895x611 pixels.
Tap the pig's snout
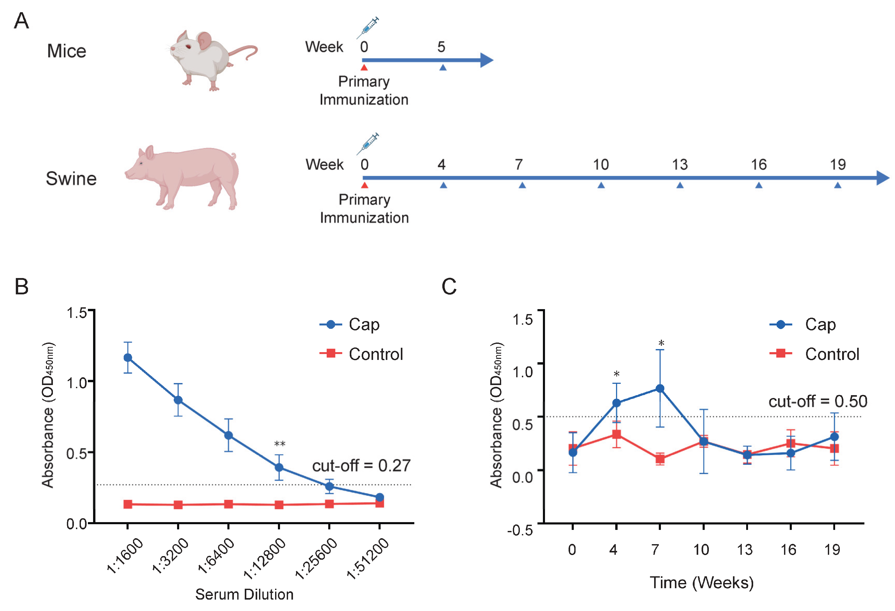[127, 174]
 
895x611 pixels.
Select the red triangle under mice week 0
[364, 68]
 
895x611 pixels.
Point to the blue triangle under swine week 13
[680, 186]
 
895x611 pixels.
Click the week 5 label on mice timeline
[441, 47]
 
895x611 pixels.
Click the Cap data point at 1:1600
[128, 357]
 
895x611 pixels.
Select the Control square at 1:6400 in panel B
[228, 504]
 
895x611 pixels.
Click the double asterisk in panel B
[279, 444]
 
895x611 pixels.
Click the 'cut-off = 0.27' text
[361, 465]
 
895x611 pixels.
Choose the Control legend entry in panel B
[375, 354]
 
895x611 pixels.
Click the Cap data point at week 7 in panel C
[660, 388]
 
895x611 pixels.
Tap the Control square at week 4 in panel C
[616, 434]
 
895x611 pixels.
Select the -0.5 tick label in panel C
[520, 530]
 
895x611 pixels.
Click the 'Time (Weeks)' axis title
[701, 582]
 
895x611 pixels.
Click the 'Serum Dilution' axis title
[244, 594]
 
